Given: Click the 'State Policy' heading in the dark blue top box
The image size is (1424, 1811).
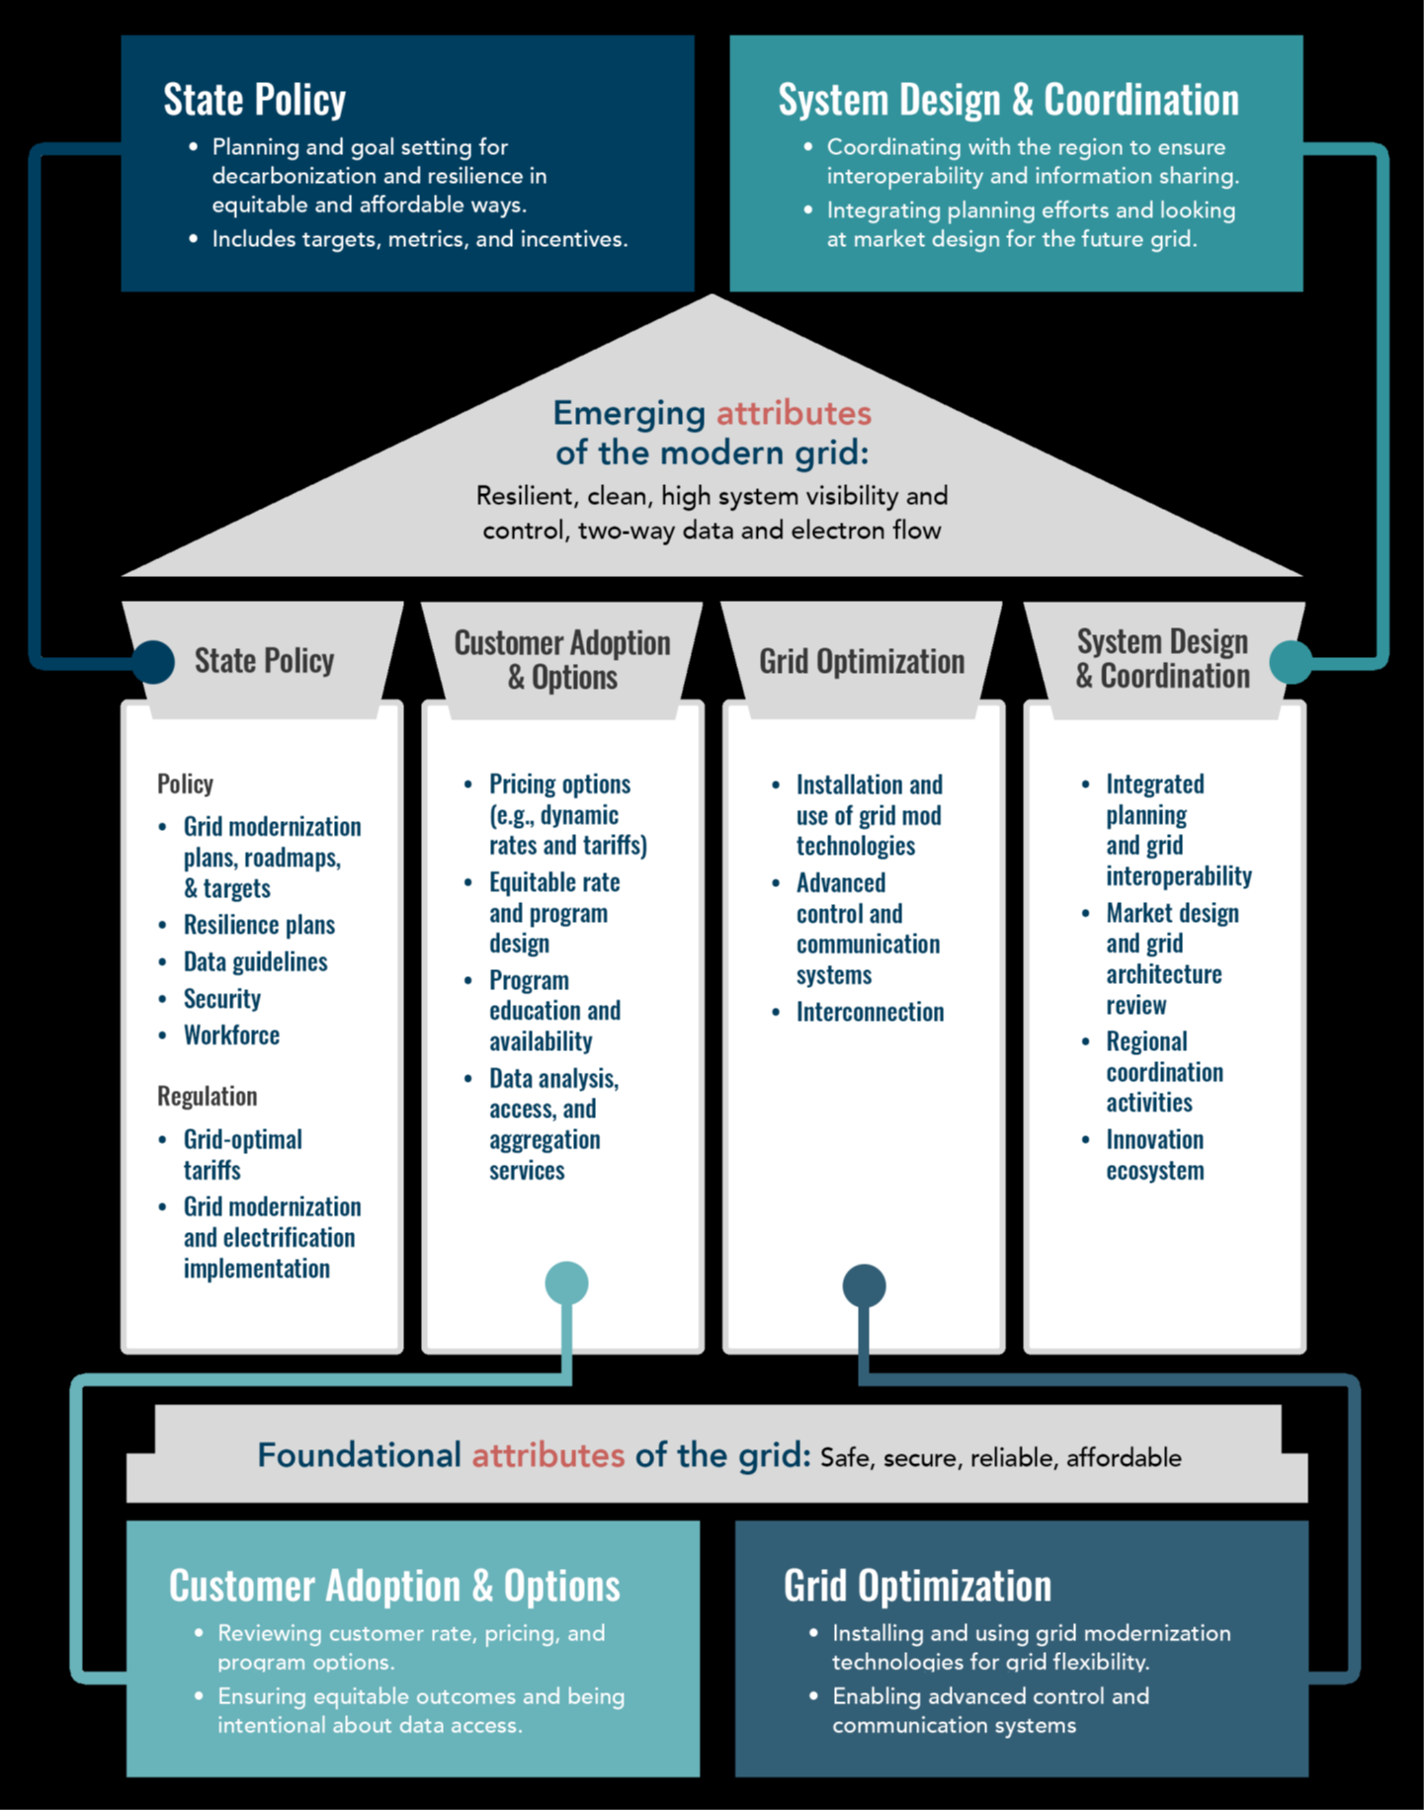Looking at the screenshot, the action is [255, 100].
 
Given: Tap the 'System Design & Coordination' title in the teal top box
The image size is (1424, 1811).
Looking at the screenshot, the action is [1008, 100].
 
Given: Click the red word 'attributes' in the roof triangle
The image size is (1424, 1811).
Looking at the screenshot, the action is [794, 413].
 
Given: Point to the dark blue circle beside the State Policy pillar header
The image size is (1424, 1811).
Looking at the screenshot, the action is [153, 661].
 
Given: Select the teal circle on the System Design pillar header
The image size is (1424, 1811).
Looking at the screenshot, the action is [1291, 662].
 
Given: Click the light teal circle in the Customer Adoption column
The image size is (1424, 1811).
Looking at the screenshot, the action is [567, 1283].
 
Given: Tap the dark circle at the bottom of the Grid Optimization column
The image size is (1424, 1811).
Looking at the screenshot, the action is [864, 1286].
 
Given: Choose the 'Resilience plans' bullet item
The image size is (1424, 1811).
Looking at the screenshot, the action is [259, 926].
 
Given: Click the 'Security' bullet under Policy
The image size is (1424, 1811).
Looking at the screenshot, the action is [222, 1000].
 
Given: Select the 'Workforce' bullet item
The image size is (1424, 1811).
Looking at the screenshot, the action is [231, 1035].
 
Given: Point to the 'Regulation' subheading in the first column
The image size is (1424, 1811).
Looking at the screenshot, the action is [207, 1097].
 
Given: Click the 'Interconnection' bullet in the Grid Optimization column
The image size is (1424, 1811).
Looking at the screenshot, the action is [870, 1012].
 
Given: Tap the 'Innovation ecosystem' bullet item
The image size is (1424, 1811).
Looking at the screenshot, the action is [1154, 1155].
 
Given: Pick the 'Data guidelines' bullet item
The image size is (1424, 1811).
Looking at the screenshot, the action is [255, 962].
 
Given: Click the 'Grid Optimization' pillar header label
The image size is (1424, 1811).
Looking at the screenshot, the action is [862, 661].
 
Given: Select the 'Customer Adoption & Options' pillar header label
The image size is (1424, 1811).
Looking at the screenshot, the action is [562, 660].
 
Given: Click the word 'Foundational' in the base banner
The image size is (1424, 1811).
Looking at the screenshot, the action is [360, 1455].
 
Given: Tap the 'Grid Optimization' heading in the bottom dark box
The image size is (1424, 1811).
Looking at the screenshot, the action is [917, 1586].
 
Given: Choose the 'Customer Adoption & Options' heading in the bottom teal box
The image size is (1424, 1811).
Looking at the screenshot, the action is [394, 1586].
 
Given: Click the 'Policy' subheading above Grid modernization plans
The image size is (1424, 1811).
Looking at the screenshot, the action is [185, 784].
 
